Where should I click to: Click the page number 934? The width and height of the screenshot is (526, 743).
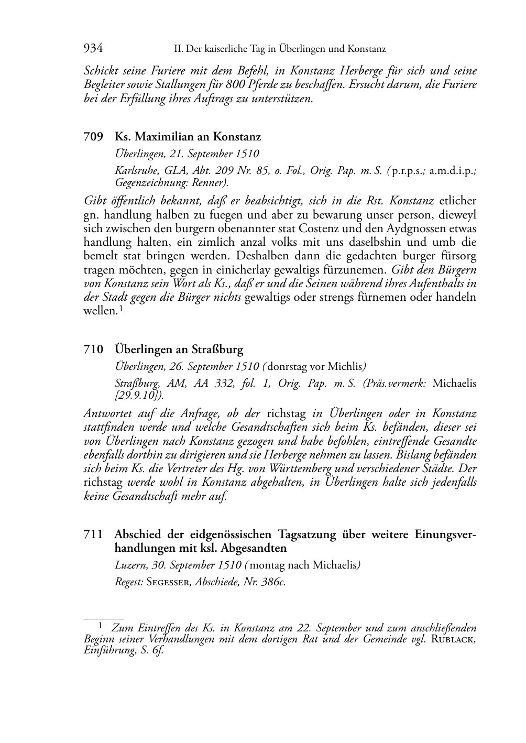[93, 49]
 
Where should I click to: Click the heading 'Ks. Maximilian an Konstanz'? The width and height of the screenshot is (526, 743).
[188, 137]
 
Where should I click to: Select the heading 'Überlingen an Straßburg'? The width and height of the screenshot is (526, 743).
[179, 349]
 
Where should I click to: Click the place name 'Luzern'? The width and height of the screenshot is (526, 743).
[129, 565]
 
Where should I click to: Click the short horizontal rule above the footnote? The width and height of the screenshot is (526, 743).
[103, 619]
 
